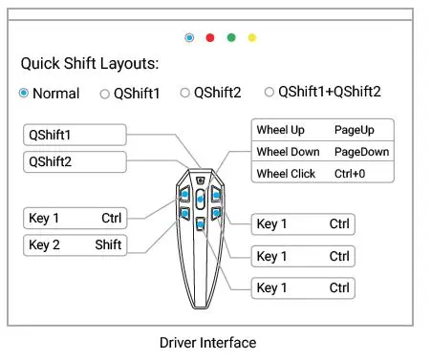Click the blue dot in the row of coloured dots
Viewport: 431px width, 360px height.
[x=189, y=37]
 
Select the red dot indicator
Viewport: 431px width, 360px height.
[x=210, y=37]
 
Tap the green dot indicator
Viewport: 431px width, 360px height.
[x=231, y=37]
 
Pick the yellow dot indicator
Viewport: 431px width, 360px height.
[x=252, y=37]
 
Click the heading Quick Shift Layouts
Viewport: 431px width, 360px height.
[x=90, y=65]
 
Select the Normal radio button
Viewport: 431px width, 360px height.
[x=24, y=94]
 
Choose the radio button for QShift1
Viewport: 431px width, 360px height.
[x=105, y=94]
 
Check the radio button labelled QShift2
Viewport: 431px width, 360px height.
[x=185, y=93]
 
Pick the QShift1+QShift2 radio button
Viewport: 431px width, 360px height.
[x=270, y=92]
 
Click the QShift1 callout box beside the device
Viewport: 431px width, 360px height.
[x=75, y=135]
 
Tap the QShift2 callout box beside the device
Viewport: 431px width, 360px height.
[x=75, y=161]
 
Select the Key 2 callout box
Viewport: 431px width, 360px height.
[x=75, y=244]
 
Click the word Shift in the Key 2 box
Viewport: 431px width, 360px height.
[x=108, y=244]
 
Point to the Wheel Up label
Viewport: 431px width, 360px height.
[x=280, y=129]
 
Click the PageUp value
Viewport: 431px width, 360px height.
[x=354, y=129]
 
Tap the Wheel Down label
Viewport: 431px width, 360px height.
[x=288, y=152]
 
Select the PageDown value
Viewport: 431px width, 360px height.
[x=361, y=152]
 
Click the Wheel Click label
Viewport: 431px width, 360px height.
[x=286, y=175]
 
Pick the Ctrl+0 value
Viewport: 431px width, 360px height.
[x=350, y=175]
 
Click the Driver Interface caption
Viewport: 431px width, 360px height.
[x=207, y=342]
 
